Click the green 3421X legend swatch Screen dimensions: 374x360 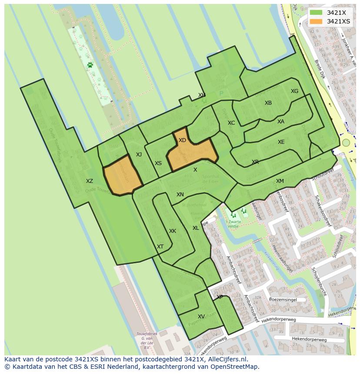[316, 13]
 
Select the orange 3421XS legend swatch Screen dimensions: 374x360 [316, 21]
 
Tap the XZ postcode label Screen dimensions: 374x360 [89, 181]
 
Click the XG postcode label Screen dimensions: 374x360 [294, 91]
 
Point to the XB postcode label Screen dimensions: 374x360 [268, 103]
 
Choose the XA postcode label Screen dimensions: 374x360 [281, 122]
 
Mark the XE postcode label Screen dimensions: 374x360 [281, 142]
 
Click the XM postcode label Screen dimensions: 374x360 [280, 181]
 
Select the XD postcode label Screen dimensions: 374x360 [182, 140]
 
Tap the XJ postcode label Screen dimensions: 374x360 [139, 155]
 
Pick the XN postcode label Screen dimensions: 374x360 [180, 195]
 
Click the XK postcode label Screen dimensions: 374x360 [173, 231]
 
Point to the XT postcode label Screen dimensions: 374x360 [160, 247]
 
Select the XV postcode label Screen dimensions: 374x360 [201, 317]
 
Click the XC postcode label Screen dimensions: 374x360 [231, 123]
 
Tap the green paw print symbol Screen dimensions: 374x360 [90, 65]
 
